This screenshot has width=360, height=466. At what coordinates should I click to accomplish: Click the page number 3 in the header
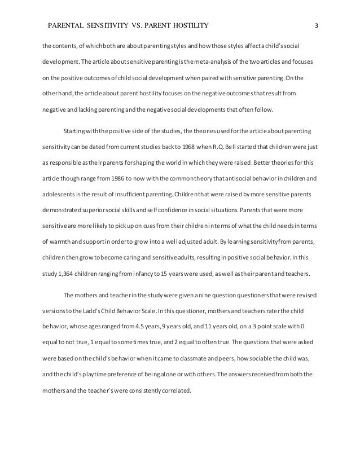click(317, 25)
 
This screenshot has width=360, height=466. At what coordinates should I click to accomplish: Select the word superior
click(93, 210)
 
